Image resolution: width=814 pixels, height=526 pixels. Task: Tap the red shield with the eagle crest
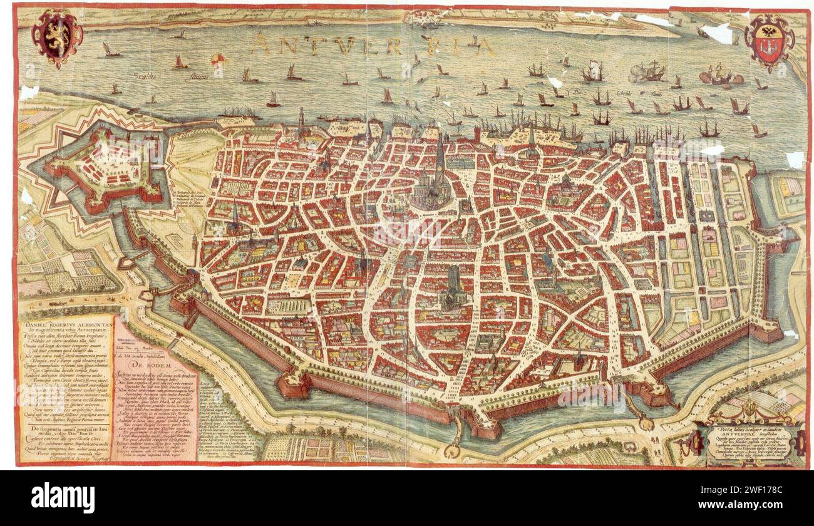(769, 43)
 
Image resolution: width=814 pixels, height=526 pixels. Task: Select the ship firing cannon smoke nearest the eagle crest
(720, 75)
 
